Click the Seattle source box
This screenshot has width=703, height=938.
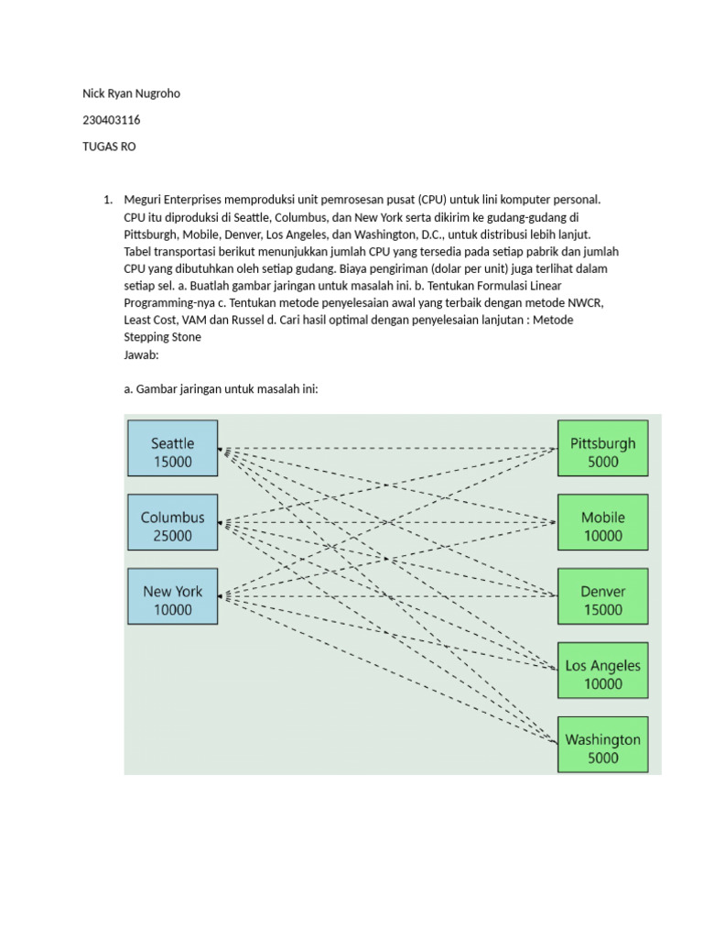point(173,448)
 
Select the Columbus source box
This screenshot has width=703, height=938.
point(173,522)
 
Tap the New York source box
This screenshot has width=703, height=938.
point(173,596)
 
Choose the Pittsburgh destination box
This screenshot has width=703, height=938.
point(602,448)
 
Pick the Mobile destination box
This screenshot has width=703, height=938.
point(602,522)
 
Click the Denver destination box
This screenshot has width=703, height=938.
point(602,596)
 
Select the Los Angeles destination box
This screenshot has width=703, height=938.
point(602,671)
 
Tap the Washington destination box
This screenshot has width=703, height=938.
point(602,744)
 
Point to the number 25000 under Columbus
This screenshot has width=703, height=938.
point(173,536)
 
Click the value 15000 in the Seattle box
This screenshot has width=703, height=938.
point(173,462)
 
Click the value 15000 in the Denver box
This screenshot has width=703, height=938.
point(602,610)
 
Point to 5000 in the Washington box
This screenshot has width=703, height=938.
point(602,758)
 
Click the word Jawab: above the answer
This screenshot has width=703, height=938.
point(141,354)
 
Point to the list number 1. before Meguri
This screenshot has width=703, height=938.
point(107,200)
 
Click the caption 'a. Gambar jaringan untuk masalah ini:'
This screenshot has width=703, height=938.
point(220,389)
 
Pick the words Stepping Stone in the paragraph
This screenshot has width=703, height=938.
point(162,337)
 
